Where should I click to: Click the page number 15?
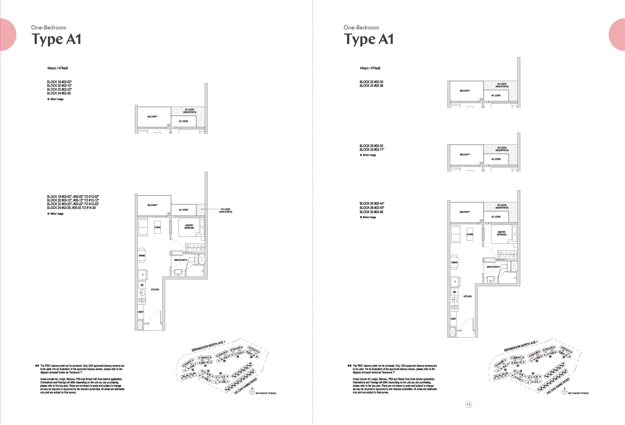pyautogui.click(x=468, y=404)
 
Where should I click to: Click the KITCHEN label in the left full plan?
pyautogui.click(x=155, y=289)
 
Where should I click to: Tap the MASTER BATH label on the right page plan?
pyautogui.click(x=493, y=267)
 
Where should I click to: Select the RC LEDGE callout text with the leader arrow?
pyautogui.click(x=225, y=210)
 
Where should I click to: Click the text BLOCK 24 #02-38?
pyautogui.click(x=371, y=86)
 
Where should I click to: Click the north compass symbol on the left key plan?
pyautogui.click(x=252, y=392)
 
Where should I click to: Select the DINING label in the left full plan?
pyautogui.click(x=142, y=256)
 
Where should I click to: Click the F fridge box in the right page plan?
pyautogui.click(x=455, y=282)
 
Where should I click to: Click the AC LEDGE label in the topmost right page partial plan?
pyautogui.click(x=496, y=95)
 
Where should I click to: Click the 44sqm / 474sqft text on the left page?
pyautogui.click(x=58, y=68)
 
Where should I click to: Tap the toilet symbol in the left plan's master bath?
pyautogui.click(x=191, y=260)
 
